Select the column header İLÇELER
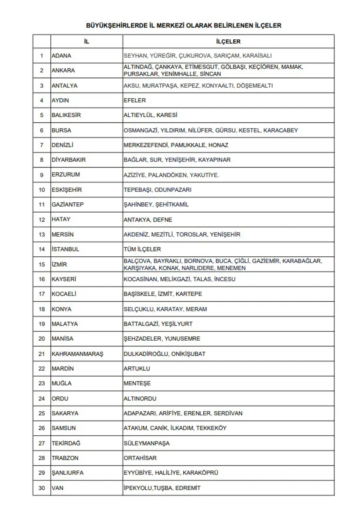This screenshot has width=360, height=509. click(228, 41)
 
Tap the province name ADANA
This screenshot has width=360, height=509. click(61, 55)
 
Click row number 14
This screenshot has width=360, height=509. click(42, 249)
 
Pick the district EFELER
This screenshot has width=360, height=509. click(135, 100)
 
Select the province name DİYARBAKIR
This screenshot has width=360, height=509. click(69, 160)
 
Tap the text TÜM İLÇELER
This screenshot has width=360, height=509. click(142, 249)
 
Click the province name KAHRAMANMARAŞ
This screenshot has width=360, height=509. click(77, 354)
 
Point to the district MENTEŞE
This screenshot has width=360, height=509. click(137, 383)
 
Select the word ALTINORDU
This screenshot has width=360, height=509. click(140, 398)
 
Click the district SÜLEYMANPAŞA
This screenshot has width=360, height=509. click(146, 443)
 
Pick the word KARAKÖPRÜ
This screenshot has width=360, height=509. click(200, 473)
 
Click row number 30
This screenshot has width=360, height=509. click(42, 488)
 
